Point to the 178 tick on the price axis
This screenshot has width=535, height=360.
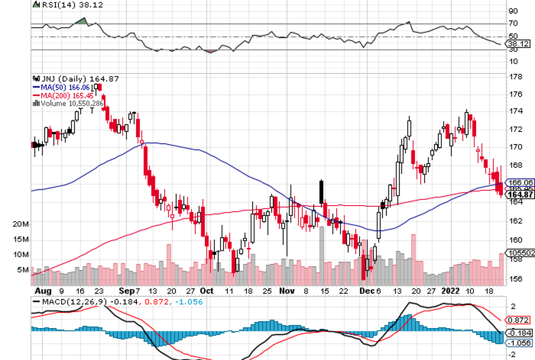(x=514, y=77)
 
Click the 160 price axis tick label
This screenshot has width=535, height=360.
(x=514, y=240)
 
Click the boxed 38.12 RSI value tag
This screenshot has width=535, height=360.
(x=518, y=43)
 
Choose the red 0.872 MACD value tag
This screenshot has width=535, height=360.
(x=518, y=321)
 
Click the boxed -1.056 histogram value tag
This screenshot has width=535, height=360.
(x=519, y=343)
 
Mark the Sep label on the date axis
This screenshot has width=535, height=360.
(x=125, y=290)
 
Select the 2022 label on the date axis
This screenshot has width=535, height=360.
(x=451, y=290)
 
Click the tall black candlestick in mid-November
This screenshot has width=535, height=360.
(x=322, y=191)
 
